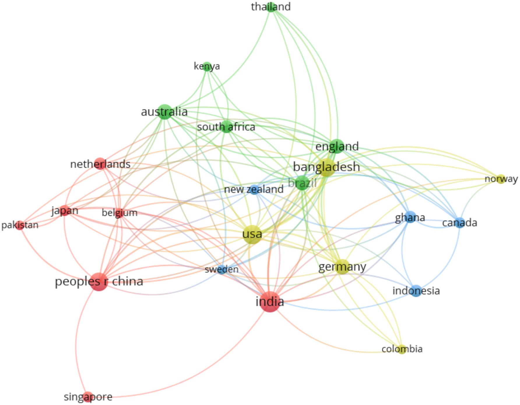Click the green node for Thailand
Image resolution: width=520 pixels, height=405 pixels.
pyautogui.click(x=271, y=7)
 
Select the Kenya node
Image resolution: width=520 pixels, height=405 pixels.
pyautogui.click(x=207, y=66)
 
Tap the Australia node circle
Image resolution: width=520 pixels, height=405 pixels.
pyautogui.click(x=165, y=112)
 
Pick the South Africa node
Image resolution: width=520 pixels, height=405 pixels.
pyautogui.click(x=226, y=127)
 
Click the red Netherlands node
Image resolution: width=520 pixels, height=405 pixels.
pyautogui.click(x=100, y=164)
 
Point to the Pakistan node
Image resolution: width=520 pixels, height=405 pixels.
pyautogui.click(x=20, y=225)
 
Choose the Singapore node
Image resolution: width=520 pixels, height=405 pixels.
pyautogui.click(x=88, y=397)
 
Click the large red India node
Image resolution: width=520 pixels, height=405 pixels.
pyautogui.click(x=270, y=302)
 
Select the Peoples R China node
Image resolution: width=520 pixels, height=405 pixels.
pyautogui.click(x=99, y=282)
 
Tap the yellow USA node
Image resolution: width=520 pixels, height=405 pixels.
pyautogui.click(x=252, y=234)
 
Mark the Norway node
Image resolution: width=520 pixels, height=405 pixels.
pyautogui.click(x=501, y=179)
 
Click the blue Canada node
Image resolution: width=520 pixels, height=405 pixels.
pyautogui.click(x=460, y=223)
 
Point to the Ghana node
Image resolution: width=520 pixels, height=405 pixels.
pyautogui.click(x=410, y=217)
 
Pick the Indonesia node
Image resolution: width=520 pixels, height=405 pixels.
pyautogui.click(x=416, y=291)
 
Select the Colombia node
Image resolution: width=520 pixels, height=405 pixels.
pyautogui.click(x=402, y=349)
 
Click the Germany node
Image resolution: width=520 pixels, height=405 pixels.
pyautogui.click(x=342, y=267)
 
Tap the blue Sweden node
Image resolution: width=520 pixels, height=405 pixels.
pyautogui.click(x=222, y=269)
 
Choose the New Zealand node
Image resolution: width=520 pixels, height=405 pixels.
pyautogui.click(x=254, y=190)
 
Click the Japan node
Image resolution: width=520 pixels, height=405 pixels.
pyautogui.click(x=65, y=211)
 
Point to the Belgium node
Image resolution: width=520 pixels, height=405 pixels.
pyautogui.click(x=119, y=213)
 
